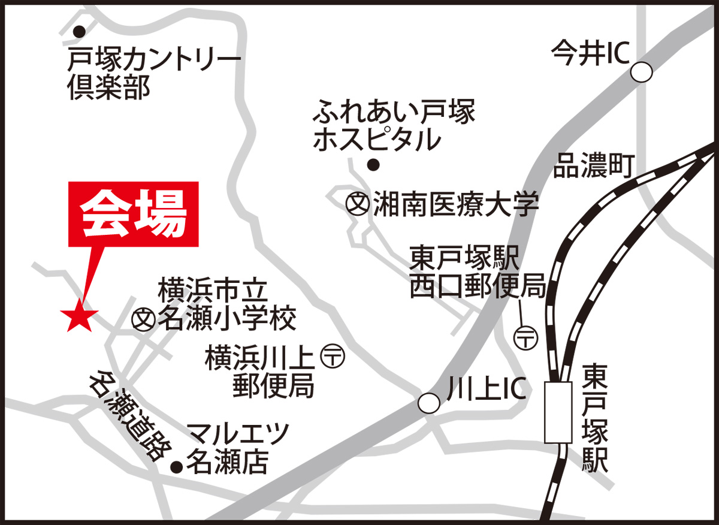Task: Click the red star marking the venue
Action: click(78, 317)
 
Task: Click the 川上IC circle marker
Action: click(428, 403)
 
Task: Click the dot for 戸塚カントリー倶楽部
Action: click(78, 31)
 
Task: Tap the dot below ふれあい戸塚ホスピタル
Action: click(373, 164)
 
